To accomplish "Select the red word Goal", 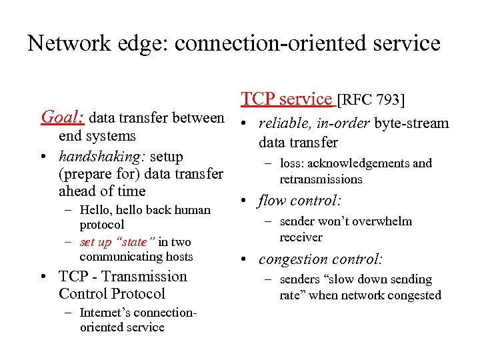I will point(62,118).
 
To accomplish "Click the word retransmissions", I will point(321,179).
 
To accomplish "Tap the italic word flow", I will point(273,200).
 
